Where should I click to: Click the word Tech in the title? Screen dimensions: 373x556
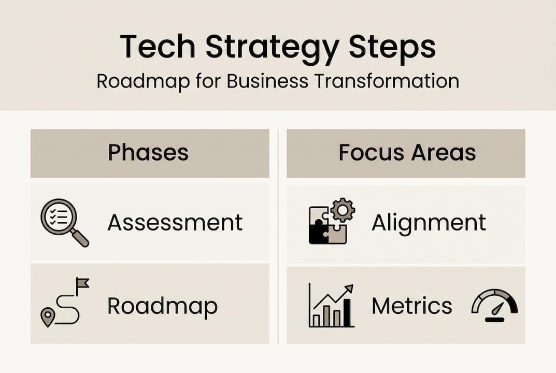(x=157, y=47)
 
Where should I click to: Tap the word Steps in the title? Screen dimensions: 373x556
(x=392, y=47)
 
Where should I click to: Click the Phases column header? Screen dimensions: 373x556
(x=148, y=153)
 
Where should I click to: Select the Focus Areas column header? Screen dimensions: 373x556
(x=407, y=153)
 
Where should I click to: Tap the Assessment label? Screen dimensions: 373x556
(x=175, y=222)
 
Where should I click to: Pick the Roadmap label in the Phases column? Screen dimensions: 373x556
(x=162, y=306)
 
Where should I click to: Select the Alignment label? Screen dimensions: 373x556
(x=429, y=222)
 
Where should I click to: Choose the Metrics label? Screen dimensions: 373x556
(x=412, y=306)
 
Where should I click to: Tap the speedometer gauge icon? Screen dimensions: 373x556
(x=494, y=306)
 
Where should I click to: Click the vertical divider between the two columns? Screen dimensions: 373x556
(x=278, y=236)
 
